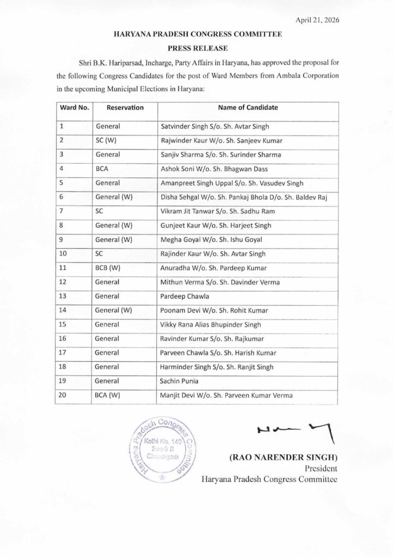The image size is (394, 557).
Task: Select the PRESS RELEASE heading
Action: [198, 48]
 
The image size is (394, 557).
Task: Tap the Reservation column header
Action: [125, 108]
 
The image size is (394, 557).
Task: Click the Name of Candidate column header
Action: [248, 108]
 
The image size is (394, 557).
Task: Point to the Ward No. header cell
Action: [75, 108]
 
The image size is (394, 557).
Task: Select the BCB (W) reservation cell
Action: [109, 268]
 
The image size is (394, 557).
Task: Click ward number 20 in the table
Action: [63, 395]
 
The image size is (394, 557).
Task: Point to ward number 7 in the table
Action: [61, 211]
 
